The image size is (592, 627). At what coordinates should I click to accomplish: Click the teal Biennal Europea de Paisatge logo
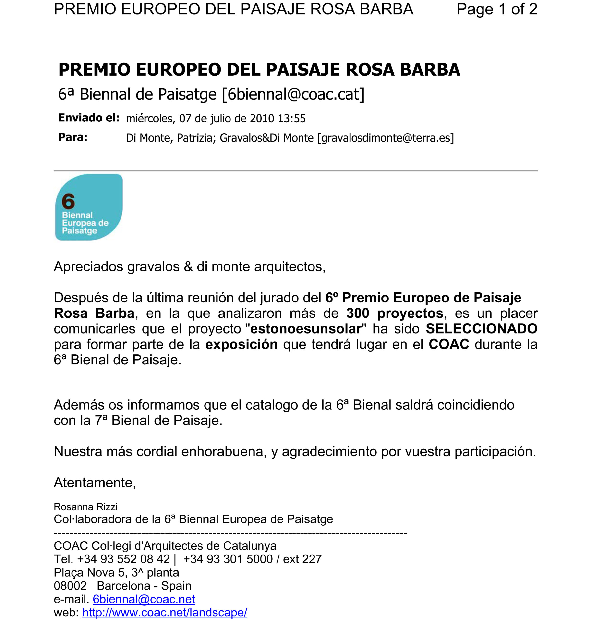point(89,207)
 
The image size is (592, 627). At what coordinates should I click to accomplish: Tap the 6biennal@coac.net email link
point(144,599)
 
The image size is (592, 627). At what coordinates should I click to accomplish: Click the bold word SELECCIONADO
point(482,329)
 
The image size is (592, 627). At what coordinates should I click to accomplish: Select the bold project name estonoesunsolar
point(305,329)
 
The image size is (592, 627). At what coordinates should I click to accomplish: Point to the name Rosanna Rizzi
point(85,507)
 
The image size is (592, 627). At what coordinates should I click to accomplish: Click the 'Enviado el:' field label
point(89,118)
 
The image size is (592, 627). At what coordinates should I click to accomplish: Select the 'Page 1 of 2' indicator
point(497,9)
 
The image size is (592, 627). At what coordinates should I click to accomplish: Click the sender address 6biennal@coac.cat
point(293,94)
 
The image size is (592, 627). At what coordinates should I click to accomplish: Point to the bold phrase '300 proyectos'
point(395,313)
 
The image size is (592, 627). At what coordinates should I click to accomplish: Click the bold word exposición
point(242,344)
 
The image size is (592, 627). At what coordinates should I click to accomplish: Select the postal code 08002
point(70,586)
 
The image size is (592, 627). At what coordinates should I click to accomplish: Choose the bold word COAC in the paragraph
point(449,344)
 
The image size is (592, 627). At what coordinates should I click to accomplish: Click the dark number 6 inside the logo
point(68,201)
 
